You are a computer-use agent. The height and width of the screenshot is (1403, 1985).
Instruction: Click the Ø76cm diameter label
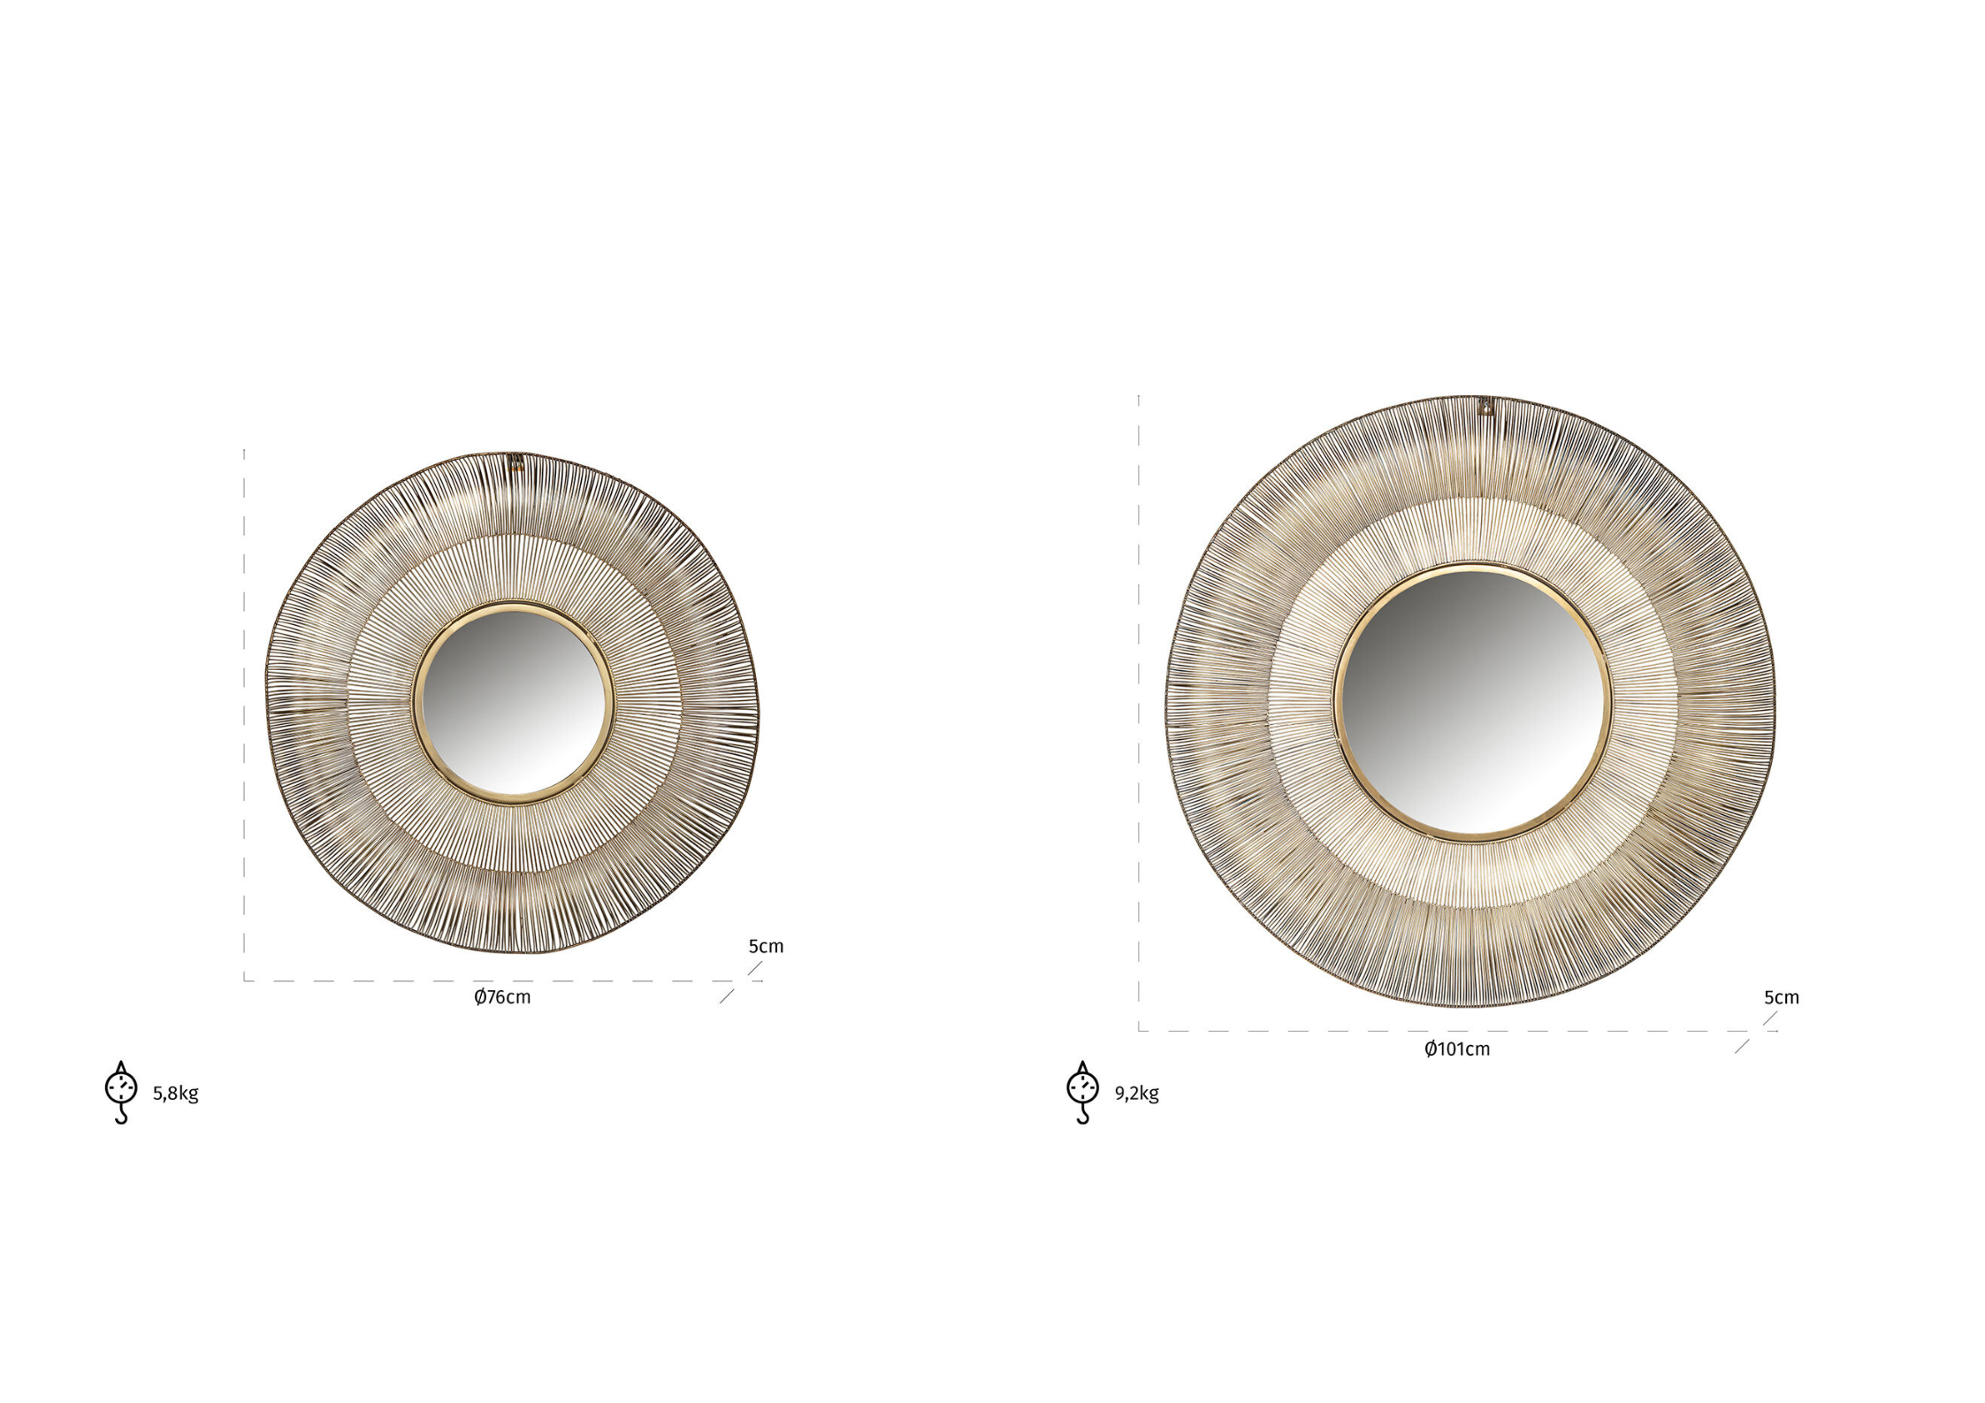click(x=502, y=997)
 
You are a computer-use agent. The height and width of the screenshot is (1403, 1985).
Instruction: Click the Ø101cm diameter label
click(x=1456, y=1049)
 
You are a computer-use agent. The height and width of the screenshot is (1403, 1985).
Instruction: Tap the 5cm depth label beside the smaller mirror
click(x=766, y=947)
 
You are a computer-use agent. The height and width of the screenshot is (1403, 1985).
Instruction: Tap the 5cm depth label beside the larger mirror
click(x=1782, y=998)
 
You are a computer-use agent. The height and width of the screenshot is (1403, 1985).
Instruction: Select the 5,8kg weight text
click(x=176, y=1094)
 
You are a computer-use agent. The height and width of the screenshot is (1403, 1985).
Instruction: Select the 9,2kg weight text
click(x=1137, y=1094)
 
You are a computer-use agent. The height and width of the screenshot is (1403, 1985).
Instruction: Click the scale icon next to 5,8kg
click(x=121, y=1093)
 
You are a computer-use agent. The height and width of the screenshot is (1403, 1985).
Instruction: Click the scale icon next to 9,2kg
click(x=1083, y=1093)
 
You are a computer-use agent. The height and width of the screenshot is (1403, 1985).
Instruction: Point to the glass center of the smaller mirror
click(x=513, y=704)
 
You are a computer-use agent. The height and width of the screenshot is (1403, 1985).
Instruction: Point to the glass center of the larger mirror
click(x=1472, y=704)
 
